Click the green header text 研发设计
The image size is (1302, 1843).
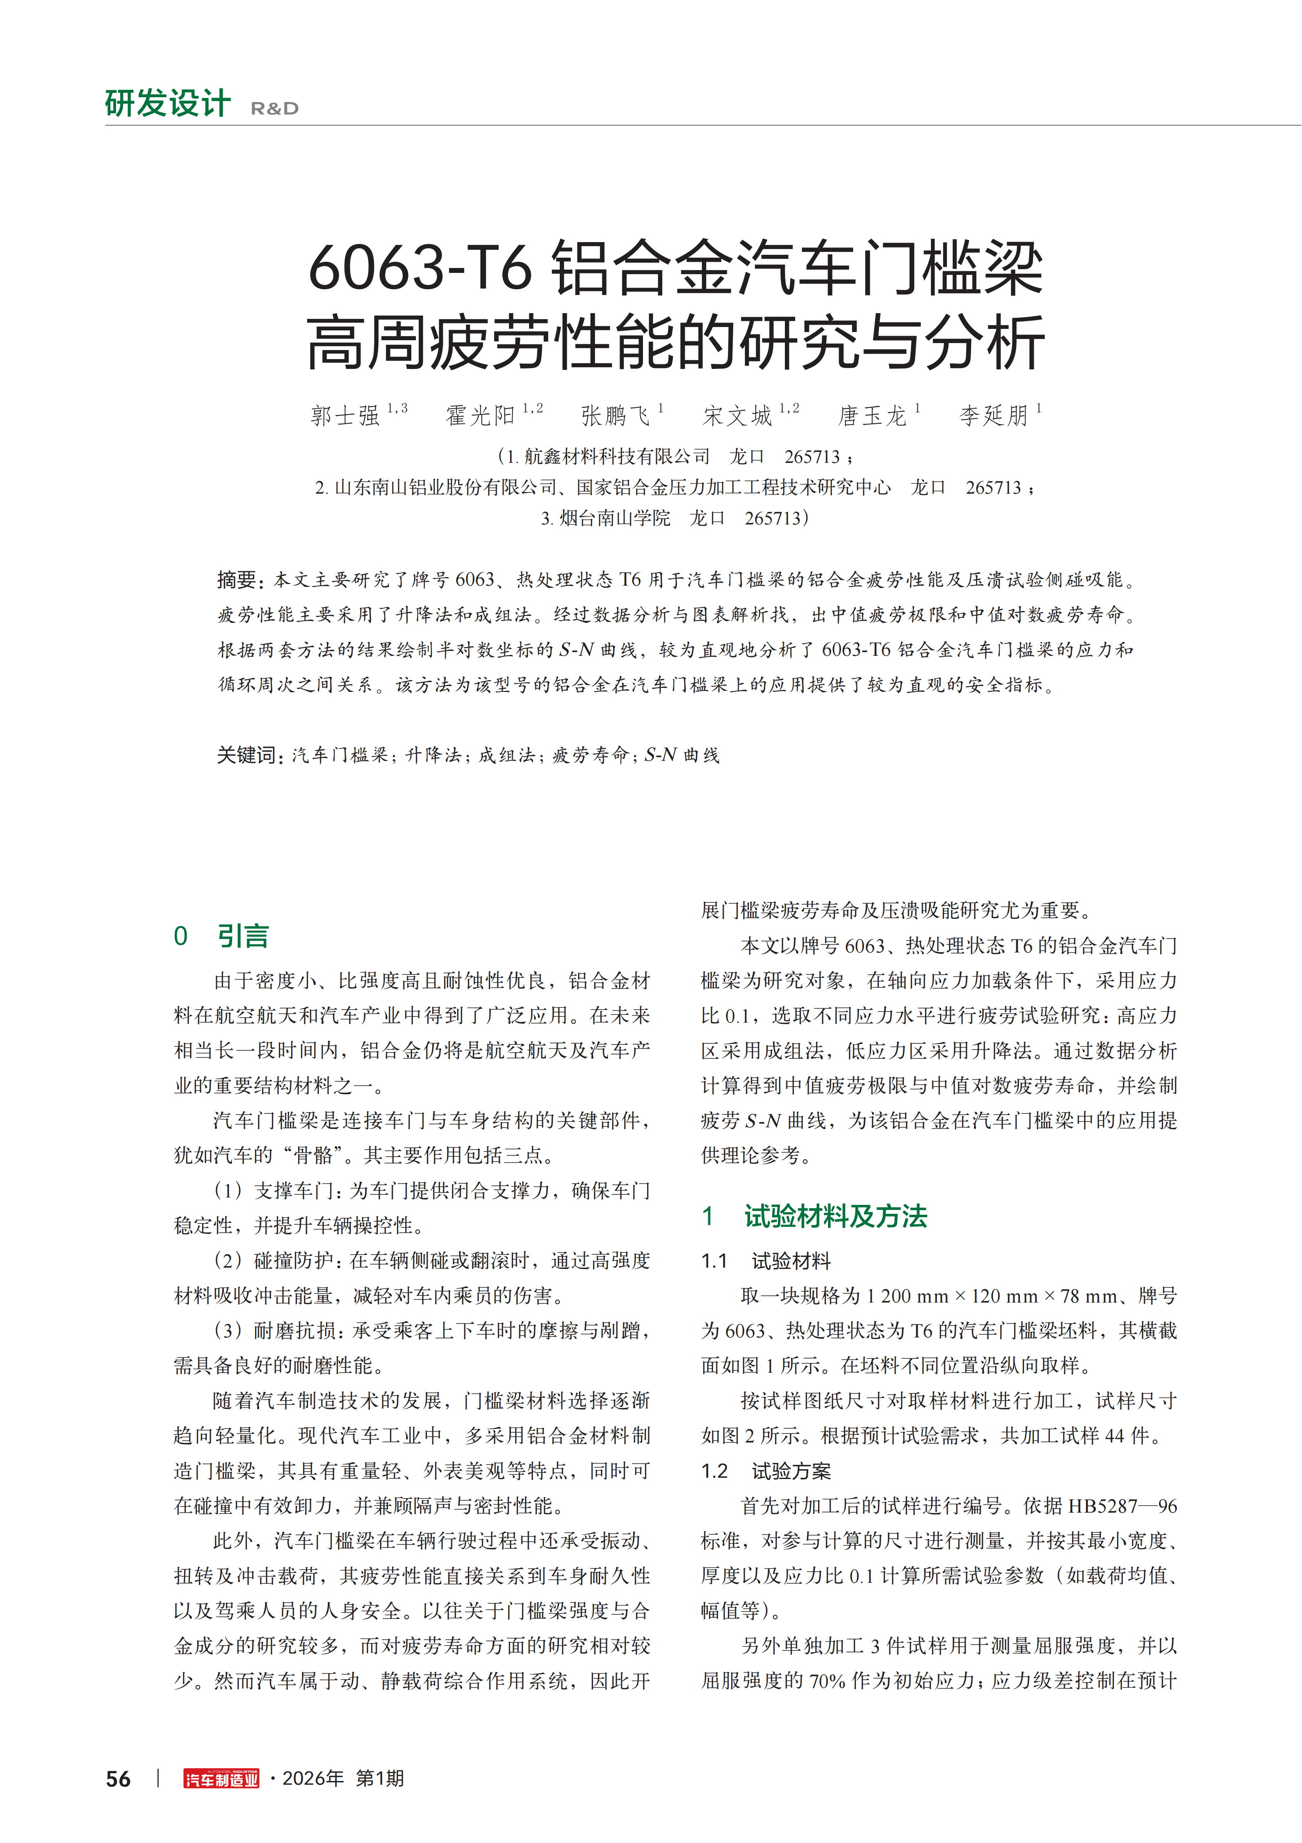point(168,103)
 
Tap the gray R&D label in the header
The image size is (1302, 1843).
point(274,108)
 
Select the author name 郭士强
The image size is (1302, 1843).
point(345,415)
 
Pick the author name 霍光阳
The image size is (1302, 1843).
point(480,415)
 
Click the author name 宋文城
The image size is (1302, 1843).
point(737,415)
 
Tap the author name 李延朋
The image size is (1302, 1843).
point(994,415)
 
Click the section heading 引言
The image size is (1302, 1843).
point(243,936)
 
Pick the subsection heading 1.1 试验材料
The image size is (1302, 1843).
point(766,1261)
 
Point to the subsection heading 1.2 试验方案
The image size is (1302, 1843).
point(766,1471)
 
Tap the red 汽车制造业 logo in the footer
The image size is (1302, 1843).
point(221,1779)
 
